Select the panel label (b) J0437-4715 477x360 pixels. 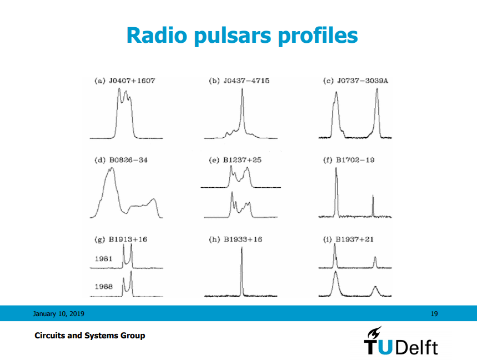[x=239, y=81]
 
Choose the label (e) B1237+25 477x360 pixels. [x=235, y=160]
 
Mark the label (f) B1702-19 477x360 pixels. [x=349, y=160]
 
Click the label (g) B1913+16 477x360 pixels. [x=121, y=239]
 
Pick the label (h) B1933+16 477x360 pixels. [x=235, y=239]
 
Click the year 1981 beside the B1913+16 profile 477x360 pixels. [x=104, y=258]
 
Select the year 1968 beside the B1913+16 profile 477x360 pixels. [x=104, y=287]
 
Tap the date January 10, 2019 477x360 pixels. [x=58, y=314]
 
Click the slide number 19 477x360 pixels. [x=434, y=314]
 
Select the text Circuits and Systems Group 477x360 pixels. [x=90, y=336]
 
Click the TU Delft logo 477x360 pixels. [x=400, y=342]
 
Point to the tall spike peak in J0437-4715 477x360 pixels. [x=242, y=93]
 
